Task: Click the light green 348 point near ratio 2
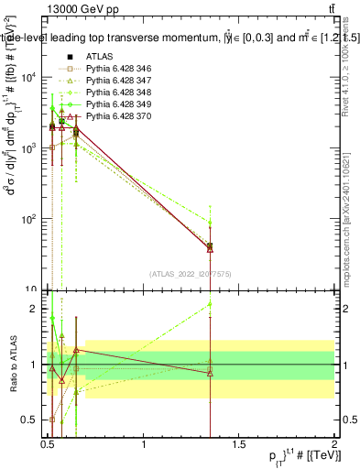coord(211,304)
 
